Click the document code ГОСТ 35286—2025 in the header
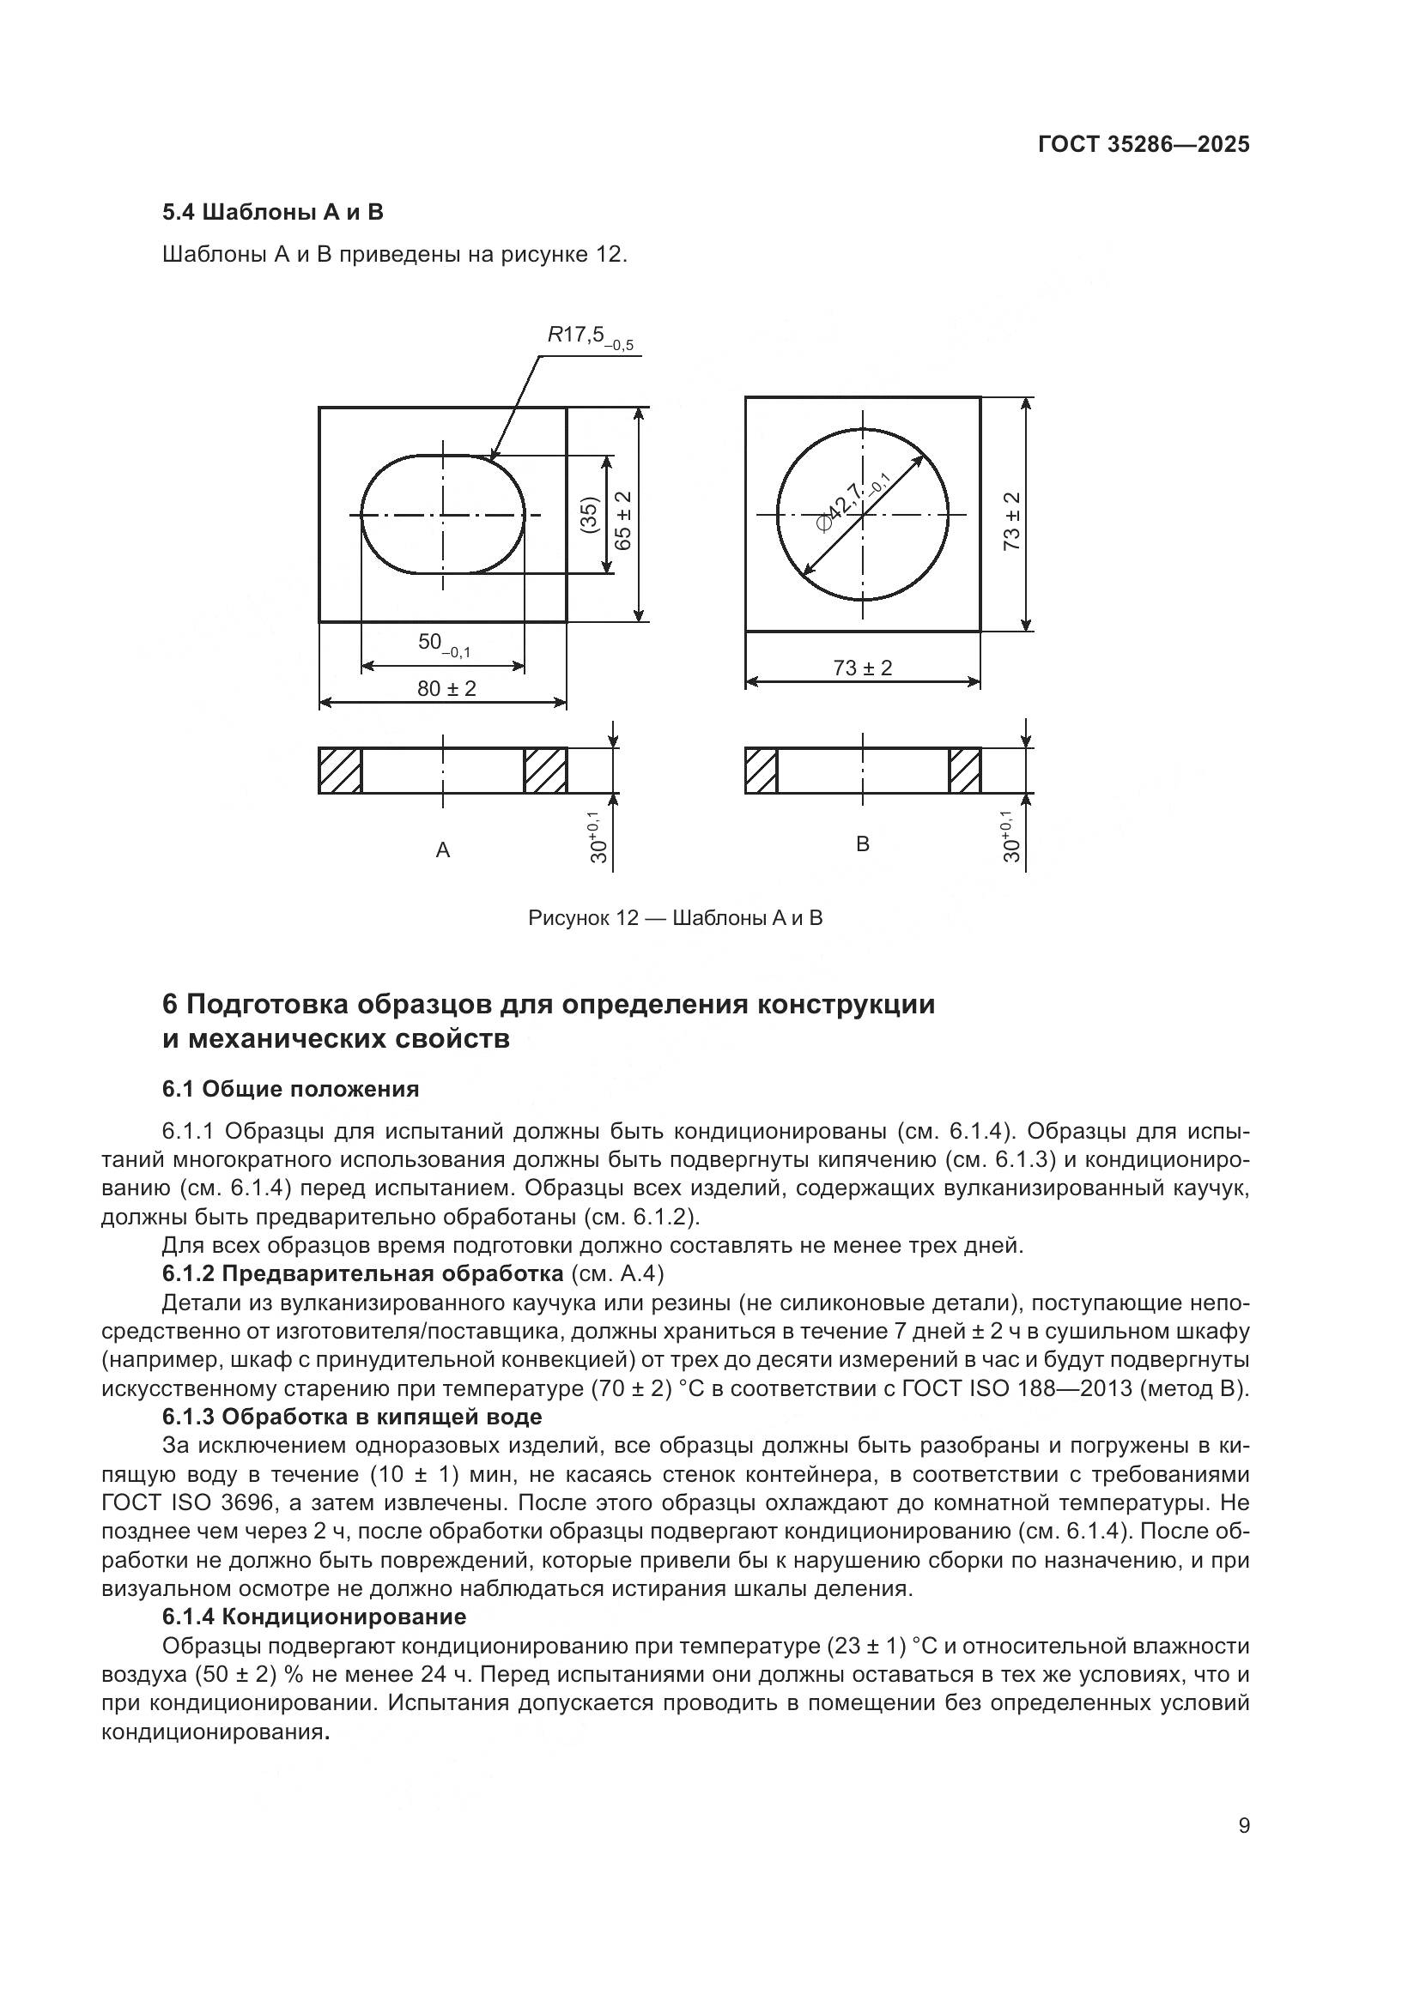click(x=1144, y=144)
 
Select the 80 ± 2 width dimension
click(x=446, y=689)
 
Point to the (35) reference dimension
click(x=589, y=515)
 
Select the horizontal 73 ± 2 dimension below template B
click(x=862, y=668)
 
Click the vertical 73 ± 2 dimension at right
click(x=1011, y=520)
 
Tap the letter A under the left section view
click(x=442, y=850)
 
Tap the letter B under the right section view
click(x=862, y=844)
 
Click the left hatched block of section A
click(x=340, y=771)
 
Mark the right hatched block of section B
click(x=965, y=771)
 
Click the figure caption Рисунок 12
click(x=675, y=919)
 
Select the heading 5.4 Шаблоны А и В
click(x=273, y=213)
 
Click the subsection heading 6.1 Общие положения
click(x=290, y=1089)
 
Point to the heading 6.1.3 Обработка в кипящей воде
click(x=351, y=1417)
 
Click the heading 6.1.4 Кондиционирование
click(x=314, y=1617)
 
